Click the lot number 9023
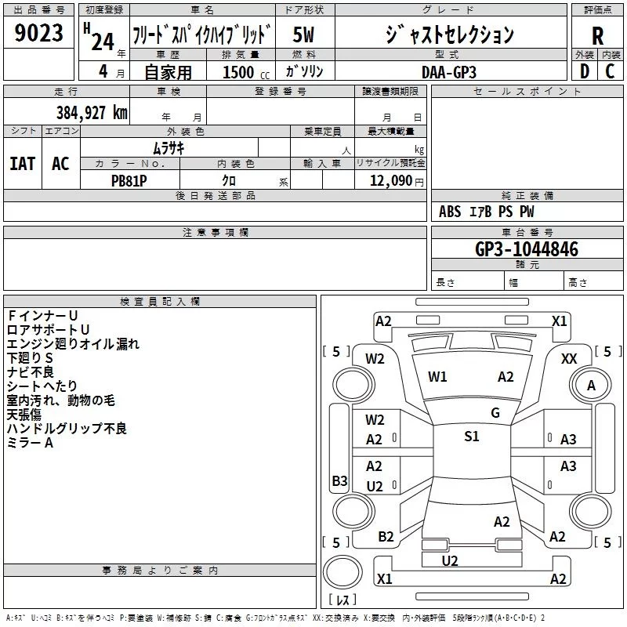click(x=38, y=32)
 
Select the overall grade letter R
click(x=597, y=36)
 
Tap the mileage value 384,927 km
click(x=92, y=113)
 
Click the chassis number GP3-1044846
click(x=527, y=248)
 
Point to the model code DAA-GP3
click(x=449, y=72)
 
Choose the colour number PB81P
click(x=129, y=181)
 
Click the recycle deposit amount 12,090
click(x=390, y=181)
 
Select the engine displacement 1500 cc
click(x=246, y=72)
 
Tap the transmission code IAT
click(x=23, y=164)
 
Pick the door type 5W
click(x=303, y=34)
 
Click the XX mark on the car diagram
click(x=569, y=359)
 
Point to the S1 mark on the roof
click(x=472, y=436)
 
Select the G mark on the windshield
click(x=495, y=412)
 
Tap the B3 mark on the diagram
click(x=339, y=480)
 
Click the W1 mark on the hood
click(x=437, y=377)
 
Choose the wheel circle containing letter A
click(x=591, y=385)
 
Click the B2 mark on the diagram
click(x=386, y=537)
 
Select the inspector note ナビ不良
click(x=31, y=371)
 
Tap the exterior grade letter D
click(x=585, y=71)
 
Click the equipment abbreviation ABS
click(x=450, y=212)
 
